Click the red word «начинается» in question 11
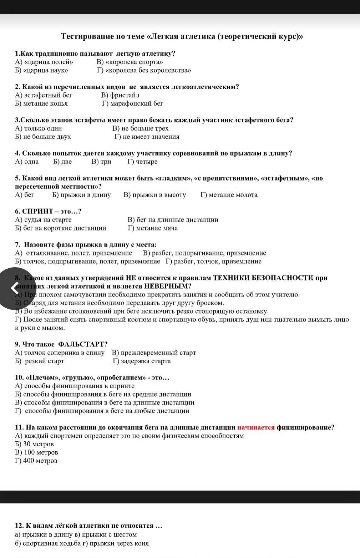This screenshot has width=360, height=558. [256, 427]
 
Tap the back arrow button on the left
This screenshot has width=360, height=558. [14, 288]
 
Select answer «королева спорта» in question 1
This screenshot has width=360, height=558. [134, 62]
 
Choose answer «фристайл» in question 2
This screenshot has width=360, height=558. [125, 95]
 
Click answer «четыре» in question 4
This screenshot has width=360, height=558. [146, 162]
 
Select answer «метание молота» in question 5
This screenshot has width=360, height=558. [233, 195]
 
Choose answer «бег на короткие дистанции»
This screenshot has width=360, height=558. [65, 228]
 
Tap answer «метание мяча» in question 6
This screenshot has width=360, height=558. [157, 228]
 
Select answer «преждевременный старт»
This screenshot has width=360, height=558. [158, 353]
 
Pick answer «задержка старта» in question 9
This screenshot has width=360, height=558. [146, 361]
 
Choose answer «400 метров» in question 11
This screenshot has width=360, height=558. [40, 461]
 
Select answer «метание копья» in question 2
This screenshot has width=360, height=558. [45, 103]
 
